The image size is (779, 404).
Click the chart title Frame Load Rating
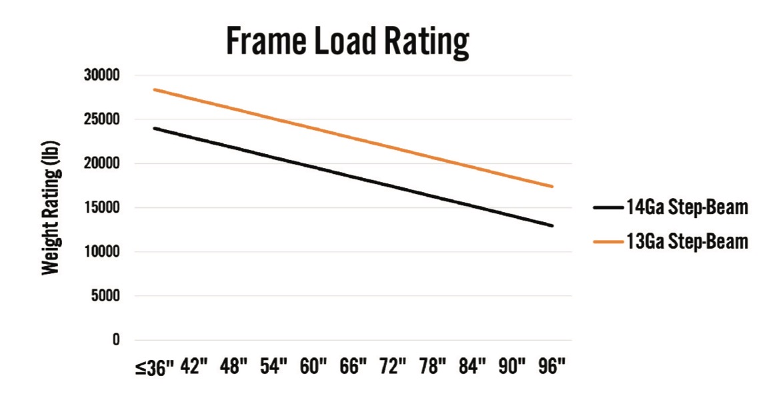pyautogui.click(x=347, y=41)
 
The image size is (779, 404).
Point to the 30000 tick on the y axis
pyautogui.click(x=101, y=76)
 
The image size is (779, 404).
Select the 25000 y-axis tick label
pyautogui.click(x=101, y=120)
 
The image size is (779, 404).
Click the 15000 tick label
pyautogui.click(x=101, y=208)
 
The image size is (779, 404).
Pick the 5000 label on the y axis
pyautogui.click(x=104, y=296)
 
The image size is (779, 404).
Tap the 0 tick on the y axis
pyautogui.click(x=115, y=340)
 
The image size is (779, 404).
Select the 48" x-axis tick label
pyautogui.click(x=233, y=367)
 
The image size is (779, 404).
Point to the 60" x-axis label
pyautogui.click(x=313, y=367)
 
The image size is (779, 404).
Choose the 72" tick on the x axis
pyautogui.click(x=393, y=367)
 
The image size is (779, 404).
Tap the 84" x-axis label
pyautogui.click(x=473, y=367)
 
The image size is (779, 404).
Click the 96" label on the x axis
pyautogui.click(x=552, y=367)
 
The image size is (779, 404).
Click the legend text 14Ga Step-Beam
pyautogui.click(x=686, y=208)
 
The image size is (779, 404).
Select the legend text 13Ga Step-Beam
pyautogui.click(x=686, y=241)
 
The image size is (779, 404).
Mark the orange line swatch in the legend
pyautogui.click(x=608, y=241)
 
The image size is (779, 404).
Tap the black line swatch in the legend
pyautogui.click(x=608, y=208)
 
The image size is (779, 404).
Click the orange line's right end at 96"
pyautogui.click(x=552, y=187)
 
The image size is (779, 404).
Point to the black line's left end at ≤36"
pyautogui.click(x=154, y=128)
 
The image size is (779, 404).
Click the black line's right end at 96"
pyautogui.click(x=552, y=226)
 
